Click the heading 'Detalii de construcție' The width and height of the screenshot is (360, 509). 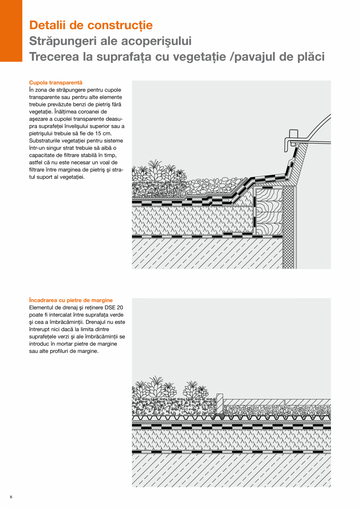click(91, 25)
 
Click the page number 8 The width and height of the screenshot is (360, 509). click(11, 497)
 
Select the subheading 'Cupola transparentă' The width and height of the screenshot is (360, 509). click(56, 83)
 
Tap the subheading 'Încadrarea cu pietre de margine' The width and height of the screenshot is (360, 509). click(71, 300)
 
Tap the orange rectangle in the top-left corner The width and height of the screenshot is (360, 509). click(11, 31)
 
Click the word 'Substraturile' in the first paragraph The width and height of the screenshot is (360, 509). click(45, 140)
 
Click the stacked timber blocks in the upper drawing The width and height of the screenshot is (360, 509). click(268, 211)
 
